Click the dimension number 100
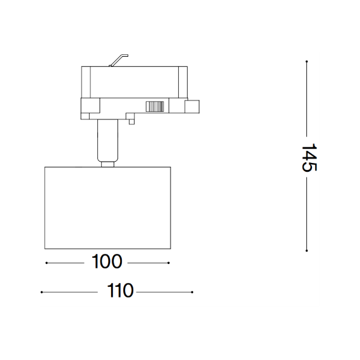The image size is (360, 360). [x=107, y=261]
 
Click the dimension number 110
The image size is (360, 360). [x=120, y=291]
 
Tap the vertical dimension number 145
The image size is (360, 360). [x=309, y=157]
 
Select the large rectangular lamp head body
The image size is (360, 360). [x=107, y=208]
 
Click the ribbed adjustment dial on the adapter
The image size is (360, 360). [x=155, y=107]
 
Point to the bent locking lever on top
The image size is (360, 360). [x=119, y=61]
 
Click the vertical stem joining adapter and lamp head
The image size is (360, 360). [x=107, y=140]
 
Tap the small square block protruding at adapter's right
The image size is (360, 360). [x=192, y=107]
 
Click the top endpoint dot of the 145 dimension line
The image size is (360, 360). [x=306, y=61]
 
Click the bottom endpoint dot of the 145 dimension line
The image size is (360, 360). [x=306, y=251]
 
